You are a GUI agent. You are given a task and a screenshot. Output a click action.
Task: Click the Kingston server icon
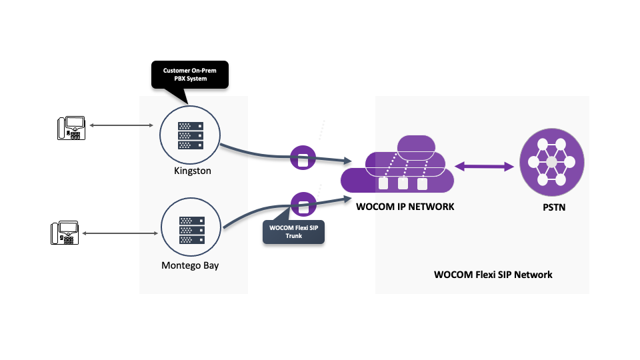tap(190, 136)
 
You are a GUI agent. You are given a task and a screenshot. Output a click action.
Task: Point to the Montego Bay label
tap(190, 265)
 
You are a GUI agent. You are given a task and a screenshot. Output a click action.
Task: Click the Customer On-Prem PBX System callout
tap(190, 75)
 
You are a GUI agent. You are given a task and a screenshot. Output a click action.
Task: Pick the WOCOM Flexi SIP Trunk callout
tap(293, 231)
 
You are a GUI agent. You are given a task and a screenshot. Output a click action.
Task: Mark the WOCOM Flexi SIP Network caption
tap(493, 274)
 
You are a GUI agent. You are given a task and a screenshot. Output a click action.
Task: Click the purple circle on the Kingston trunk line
tap(303, 159)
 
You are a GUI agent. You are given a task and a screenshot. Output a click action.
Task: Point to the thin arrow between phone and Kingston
tap(121, 125)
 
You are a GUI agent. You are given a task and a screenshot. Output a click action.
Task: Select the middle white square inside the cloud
tap(403, 183)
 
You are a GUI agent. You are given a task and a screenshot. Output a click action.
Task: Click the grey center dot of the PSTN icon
tap(551, 163)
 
